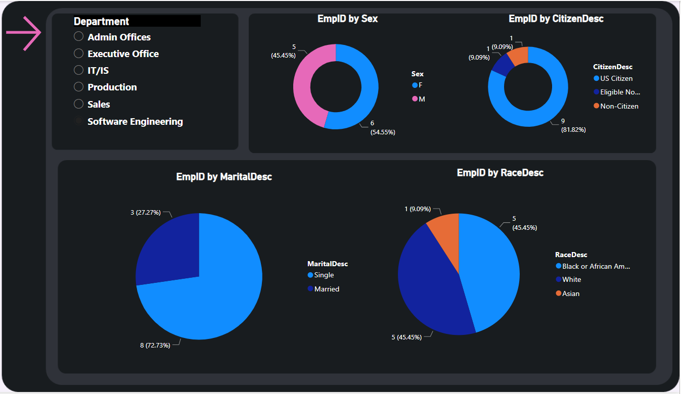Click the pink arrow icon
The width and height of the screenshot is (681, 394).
tap(23, 33)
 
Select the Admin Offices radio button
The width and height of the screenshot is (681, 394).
tap(78, 36)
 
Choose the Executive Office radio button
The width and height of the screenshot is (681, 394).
tap(78, 54)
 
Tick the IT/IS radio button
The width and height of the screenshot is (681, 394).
tap(78, 70)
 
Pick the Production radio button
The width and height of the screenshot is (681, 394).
tap(78, 87)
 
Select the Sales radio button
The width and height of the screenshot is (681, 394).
tap(78, 104)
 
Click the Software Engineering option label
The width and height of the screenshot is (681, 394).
tap(135, 122)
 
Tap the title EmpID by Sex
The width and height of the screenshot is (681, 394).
tap(347, 19)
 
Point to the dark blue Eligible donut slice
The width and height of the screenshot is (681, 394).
tap(501, 65)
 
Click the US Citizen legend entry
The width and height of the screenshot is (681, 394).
tap(613, 78)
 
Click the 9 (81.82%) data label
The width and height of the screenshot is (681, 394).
tap(573, 125)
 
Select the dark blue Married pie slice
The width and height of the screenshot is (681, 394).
tap(167, 248)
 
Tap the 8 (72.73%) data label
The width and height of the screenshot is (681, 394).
tap(154, 345)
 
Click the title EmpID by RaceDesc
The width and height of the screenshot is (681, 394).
tap(500, 173)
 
